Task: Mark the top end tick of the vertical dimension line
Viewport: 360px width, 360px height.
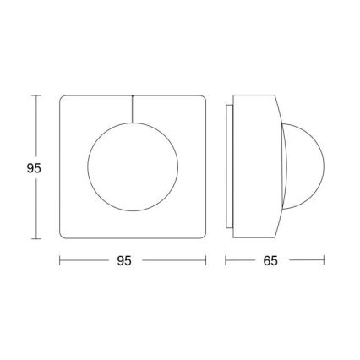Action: coord(34,96)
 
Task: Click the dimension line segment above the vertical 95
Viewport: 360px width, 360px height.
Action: coord(34,127)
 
